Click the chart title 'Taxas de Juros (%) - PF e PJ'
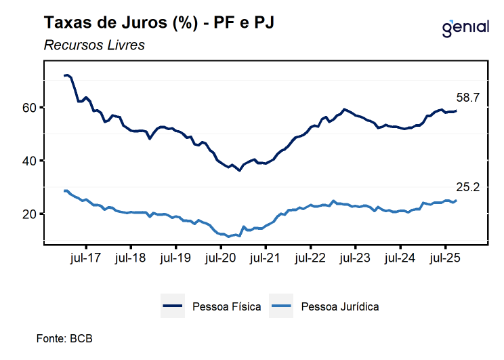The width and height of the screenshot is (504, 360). pyautogui.click(x=159, y=22)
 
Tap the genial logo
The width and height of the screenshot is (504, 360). pyautogui.click(x=465, y=28)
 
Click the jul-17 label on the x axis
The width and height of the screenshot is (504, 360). pyautogui.click(x=86, y=258)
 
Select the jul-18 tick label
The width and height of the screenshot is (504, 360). pyautogui.click(x=131, y=258)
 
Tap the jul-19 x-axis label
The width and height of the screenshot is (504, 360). pyautogui.click(x=175, y=258)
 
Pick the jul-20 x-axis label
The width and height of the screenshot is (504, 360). pyautogui.click(x=221, y=258)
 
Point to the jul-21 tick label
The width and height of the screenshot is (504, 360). pyautogui.click(x=266, y=258)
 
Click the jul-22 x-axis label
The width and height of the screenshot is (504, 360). pyautogui.click(x=310, y=258)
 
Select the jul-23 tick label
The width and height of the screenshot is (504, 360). pyautogui.click(x=355, y=258)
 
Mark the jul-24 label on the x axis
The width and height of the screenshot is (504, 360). pyautogui.click(x=400, y=258)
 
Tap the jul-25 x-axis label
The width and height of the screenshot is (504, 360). pyautogui.click(x=445, y=258)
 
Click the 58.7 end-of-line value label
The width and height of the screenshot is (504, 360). pyautogui.click(x=467, y=98)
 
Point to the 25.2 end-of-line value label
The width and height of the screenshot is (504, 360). pyautogui.click(x=467, y=187)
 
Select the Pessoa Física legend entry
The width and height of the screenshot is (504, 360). pyautogui.click(x=212, y=306)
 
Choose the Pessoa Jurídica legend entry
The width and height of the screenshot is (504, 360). pyautogui.click(x=324, y=306)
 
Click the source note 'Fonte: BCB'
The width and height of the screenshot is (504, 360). pyautogui.click(x=64, y=338)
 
